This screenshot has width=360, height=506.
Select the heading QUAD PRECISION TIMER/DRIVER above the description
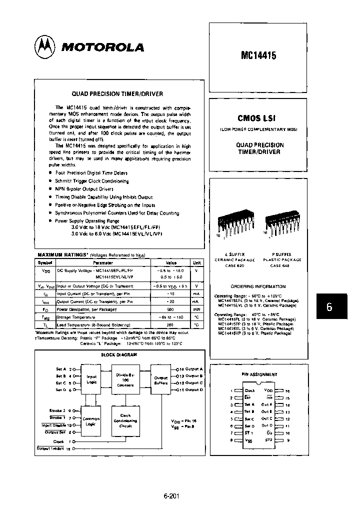(x=117, y=93)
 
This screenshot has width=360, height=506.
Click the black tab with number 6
(x=329, y=307)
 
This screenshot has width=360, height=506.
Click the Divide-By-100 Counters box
(x=125, y=380)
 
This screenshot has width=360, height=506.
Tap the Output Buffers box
(x=160, y=380)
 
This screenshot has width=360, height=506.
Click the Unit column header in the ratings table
(x=196, y=262)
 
